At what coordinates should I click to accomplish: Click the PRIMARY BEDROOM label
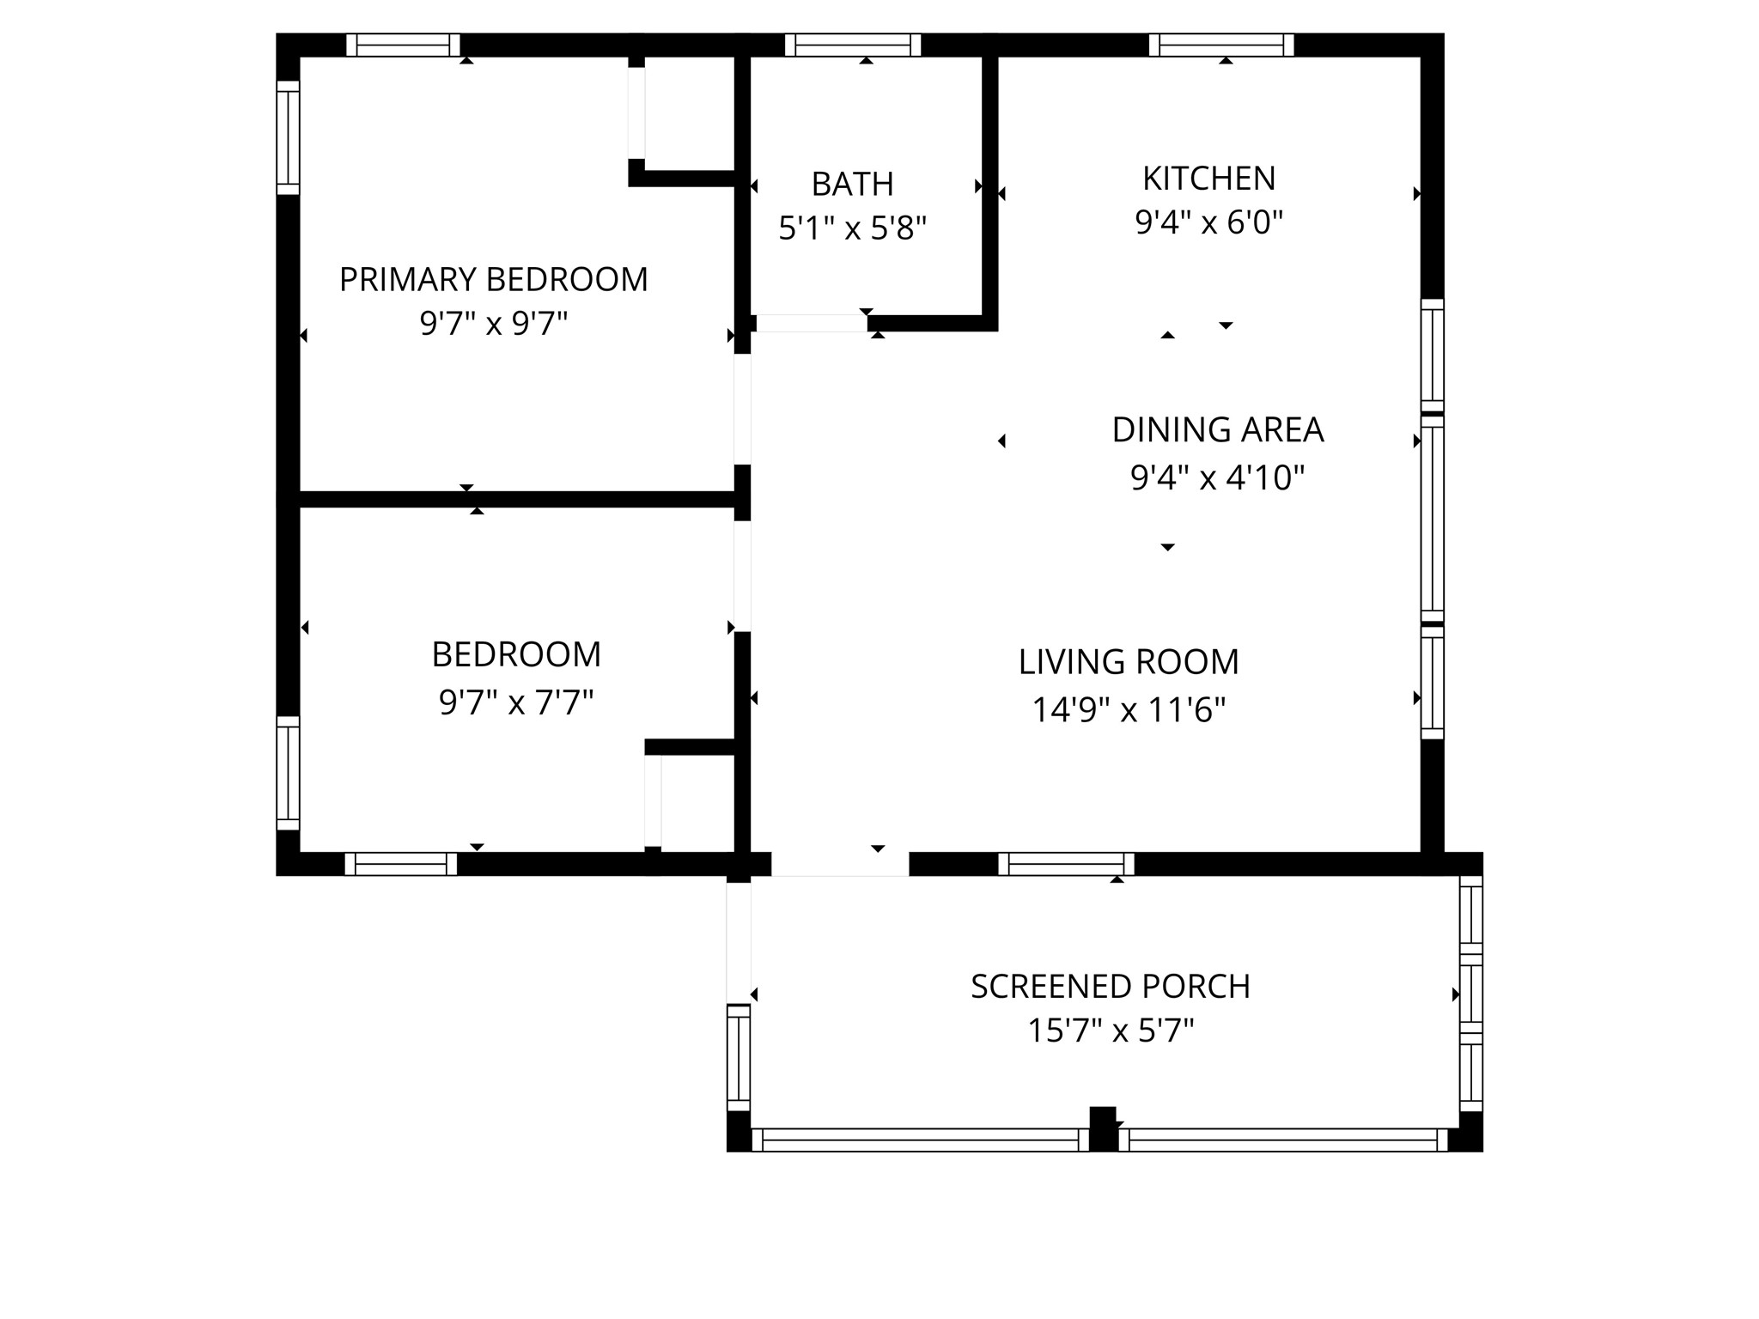point(493,280)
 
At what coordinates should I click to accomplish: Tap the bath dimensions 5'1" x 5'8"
point(852,229)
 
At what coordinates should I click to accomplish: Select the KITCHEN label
point(1208,179)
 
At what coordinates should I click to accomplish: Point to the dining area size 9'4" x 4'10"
point(1217,477)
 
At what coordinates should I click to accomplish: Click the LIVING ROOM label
point(1129,662)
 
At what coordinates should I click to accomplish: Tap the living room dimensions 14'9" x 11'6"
point(1129,710)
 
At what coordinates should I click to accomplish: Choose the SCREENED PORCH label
point(1110,987)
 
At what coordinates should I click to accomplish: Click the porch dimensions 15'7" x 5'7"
point(1110,1030)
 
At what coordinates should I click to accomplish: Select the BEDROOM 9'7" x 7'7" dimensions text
point(516,703)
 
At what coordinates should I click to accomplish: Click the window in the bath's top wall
point(852,45)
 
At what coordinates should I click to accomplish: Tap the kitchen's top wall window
point(1220,45)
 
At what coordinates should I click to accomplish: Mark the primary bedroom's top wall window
point(403,45)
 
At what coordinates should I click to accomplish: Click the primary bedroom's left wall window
point(288,137)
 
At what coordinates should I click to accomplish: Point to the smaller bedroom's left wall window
point(288,773)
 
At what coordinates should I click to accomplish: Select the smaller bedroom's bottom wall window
point(400,864)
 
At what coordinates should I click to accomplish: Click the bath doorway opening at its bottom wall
point(811,324)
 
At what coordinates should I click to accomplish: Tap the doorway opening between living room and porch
point(839,864)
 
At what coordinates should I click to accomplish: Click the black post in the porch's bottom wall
point(1103,1128)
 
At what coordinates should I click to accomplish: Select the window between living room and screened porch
point(1066,864)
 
